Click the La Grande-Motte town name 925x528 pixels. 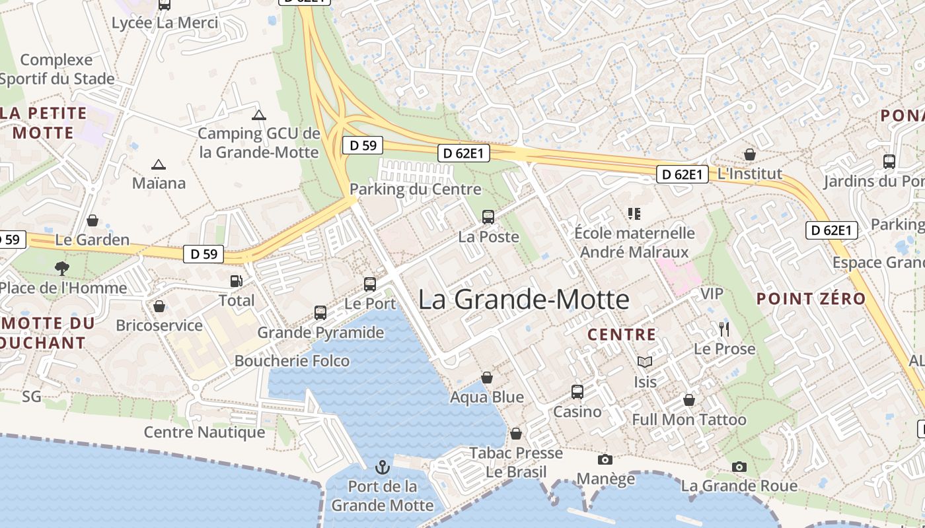[523, 300]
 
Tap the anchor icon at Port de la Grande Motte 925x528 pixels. [382, 468]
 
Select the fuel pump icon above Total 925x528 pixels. [236, 281]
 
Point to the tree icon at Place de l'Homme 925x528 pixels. [62, 268]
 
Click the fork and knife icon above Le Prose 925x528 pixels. [724, 329]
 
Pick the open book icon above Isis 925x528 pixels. [644, 362]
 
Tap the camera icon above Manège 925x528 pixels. [605, 459]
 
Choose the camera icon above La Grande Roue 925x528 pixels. [739, 467]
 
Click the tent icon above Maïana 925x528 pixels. [158, 164]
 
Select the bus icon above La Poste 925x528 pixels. [488, 216]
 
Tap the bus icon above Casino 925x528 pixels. [577, 392]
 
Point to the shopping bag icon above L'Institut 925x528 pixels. [749, 154]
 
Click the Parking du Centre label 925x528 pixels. [415, 189]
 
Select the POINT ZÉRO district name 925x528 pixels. [811, 298]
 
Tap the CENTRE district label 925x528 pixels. [622, 335]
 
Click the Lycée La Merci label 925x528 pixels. [165, 22]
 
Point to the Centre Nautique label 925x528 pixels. [204, 432]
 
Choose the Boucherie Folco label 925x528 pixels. [292, 360]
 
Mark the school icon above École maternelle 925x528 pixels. [634, 213]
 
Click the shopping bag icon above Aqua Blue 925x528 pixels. [487, 378]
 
